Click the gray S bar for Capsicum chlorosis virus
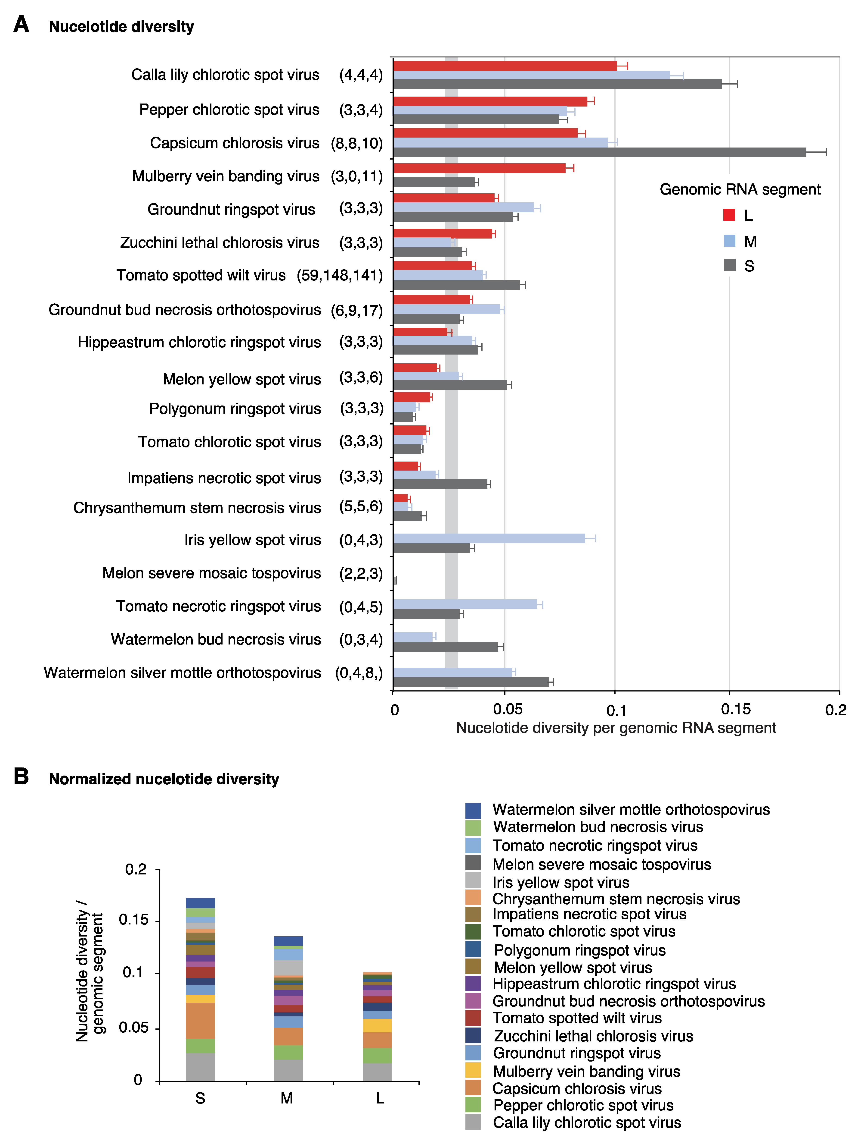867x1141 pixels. [x=599, y=152]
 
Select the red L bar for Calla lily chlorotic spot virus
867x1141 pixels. [x=505, y=66]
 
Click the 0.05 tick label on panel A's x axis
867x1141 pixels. [x=507, y=709]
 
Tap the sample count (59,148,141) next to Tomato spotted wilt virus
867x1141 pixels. [x=340, y=275]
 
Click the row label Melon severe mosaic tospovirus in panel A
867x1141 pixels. [x=212, y=573]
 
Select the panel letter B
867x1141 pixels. [x=21, y=776]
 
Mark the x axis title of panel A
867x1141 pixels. [x=616, y=728]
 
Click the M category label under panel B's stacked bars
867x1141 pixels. [x=287, y=1098]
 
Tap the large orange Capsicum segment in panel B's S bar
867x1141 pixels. [x=200, y=1020]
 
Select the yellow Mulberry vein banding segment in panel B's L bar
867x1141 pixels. [x=377, y=1025]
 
